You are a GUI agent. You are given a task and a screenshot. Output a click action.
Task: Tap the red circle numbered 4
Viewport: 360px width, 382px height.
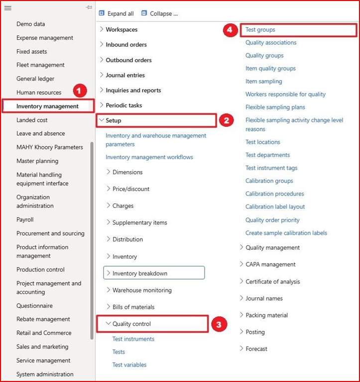(x=229, y=30)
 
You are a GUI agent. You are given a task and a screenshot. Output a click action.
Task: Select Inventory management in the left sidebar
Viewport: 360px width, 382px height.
(x=47, y=106)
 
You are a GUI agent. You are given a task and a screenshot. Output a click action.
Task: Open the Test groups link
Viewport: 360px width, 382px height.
(x=260, y=30)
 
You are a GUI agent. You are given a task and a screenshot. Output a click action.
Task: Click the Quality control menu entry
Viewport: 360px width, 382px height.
(x=131, y=324)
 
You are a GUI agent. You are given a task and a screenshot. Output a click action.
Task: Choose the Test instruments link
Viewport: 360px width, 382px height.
(x=133, y=339)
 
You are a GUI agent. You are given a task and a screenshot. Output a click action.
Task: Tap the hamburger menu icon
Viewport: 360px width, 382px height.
(x=8, y=8)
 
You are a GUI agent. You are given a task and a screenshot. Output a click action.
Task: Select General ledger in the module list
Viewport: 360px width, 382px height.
(x=35, y=79)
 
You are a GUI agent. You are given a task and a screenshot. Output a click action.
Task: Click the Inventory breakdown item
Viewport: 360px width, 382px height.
(x=140, y=273)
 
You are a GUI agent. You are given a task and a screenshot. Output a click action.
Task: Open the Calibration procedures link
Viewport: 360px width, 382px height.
(x=275, y=193)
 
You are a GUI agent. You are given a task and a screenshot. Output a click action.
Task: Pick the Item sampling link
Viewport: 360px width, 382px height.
(x=264, y=81)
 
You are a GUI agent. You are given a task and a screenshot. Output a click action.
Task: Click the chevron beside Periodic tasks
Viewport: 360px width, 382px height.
(x=102, y=105)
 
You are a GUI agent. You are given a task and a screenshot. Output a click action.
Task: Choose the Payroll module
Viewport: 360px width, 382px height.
(x=25, y=219)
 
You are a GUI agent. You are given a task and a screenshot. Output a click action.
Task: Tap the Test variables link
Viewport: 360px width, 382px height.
(x=129, y=365)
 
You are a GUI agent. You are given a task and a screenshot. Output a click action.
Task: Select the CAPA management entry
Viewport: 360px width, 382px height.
(x=270, y=264)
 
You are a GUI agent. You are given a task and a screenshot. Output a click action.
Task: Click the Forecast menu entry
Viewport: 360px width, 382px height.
(x=256, y=349)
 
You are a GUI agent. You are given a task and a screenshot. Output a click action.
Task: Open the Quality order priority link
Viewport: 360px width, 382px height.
(x=272, y=220)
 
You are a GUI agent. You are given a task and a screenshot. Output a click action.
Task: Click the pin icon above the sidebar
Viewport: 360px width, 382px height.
(x=89, y=7)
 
